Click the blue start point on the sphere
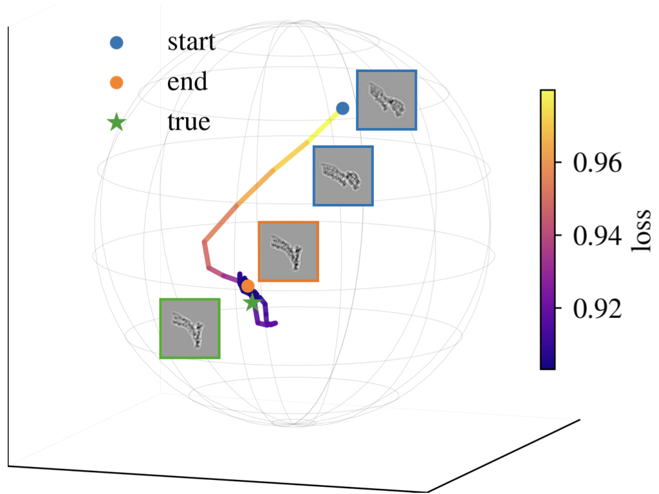342,108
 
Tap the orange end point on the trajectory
248,286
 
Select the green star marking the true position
252,302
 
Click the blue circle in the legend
116,43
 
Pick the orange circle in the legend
116,82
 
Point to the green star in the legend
116,122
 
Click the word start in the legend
191,43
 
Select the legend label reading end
187,82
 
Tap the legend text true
189,122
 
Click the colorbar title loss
640,230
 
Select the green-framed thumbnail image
190,328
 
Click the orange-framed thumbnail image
288,252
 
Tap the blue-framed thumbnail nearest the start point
386,100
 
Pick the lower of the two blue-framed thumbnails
343,176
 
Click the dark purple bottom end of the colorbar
548,364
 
